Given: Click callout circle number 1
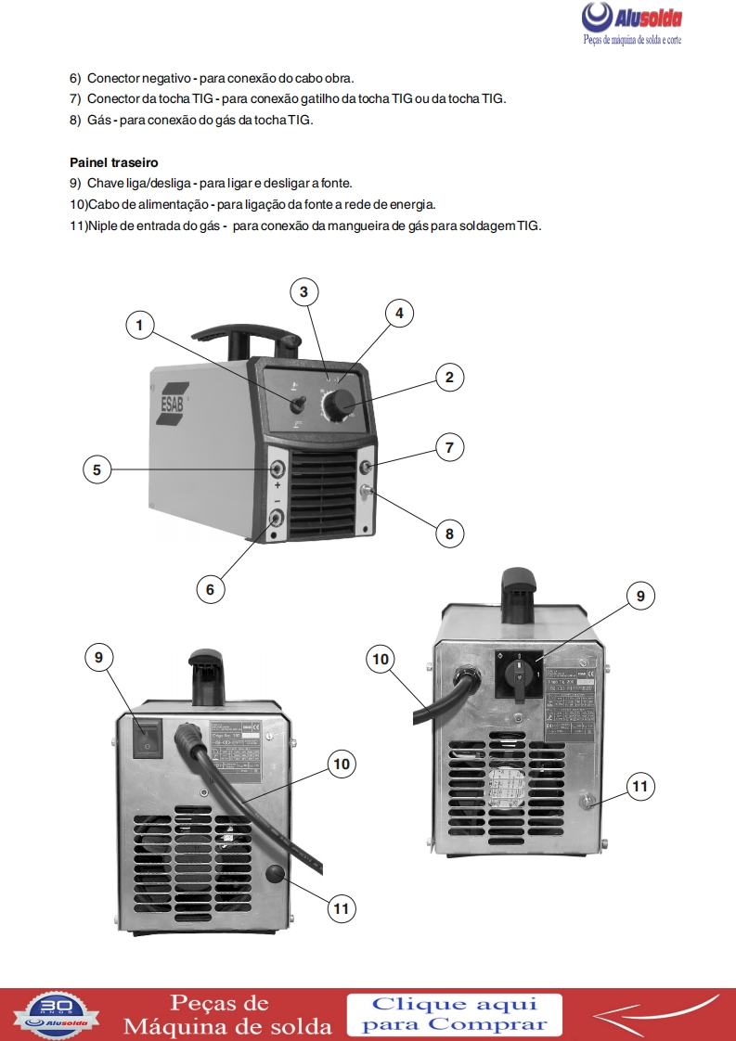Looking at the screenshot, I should [x=139, y=325].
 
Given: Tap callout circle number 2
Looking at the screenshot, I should [x=449, y=377].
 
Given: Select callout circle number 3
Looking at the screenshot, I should [x=303, y=291].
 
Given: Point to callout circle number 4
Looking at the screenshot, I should [x=399, y=314].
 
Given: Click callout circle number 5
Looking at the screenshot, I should [x=97, y=469].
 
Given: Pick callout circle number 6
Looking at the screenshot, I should [x=210, y=588].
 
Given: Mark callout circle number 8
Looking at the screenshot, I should [x=449, y=533].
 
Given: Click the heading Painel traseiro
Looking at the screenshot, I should [x=113, y=161].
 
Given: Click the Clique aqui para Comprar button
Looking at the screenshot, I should [x=454, y=1014].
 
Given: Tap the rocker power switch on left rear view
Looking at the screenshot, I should [x=148, y=739].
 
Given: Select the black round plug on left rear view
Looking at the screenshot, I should [x=275, y=874].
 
